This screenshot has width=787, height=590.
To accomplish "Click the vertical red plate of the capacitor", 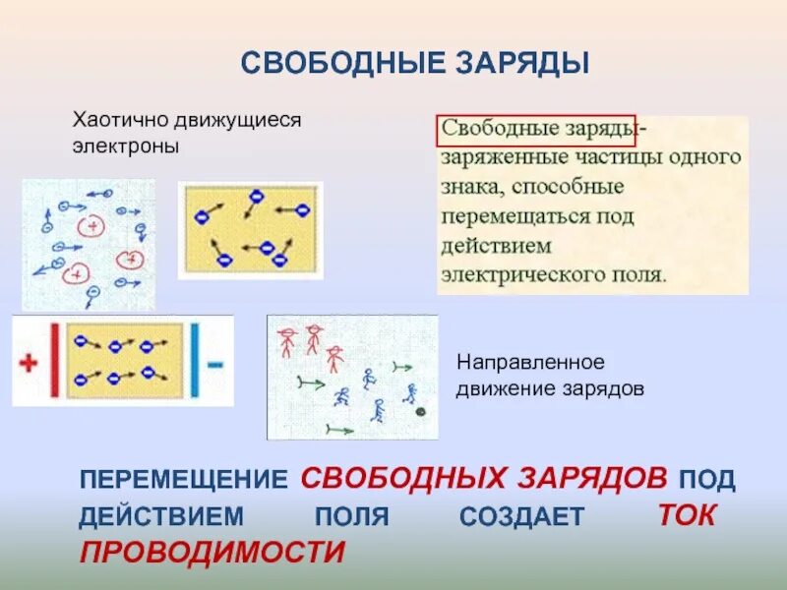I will tap(54, 360).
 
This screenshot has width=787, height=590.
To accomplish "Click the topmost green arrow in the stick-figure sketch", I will tap(400, 366).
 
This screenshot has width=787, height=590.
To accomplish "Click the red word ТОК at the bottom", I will tap(686, 515).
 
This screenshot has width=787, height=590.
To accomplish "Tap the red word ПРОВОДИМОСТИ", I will tap(212, 552).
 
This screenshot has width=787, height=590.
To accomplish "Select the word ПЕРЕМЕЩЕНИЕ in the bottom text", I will tap(182, 480).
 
